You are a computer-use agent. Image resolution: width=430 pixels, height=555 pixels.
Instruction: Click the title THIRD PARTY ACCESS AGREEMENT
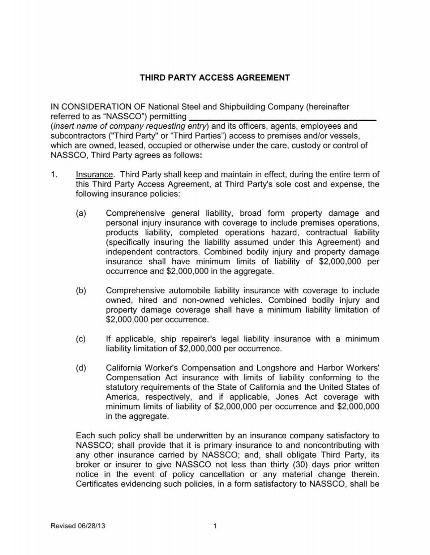pyautogui.click(x=215, y=78)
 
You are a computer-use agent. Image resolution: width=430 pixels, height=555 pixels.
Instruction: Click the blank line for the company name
pyautogui.click(x=283, y=117)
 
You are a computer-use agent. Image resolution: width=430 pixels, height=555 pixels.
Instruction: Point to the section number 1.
pyautogui.click(x=54, y=175)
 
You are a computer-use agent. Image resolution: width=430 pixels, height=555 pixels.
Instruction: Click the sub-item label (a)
pyautogui.click(x=81, y=214)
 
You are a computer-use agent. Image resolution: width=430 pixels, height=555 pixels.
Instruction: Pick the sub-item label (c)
pyautogui.click(x=81, y=339)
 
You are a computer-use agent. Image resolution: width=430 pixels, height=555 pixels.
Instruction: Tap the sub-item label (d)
pyautogui.click(x=81, y=368)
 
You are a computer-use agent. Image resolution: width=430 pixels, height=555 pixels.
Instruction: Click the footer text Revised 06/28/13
pyautogui.click(x=78, y=526)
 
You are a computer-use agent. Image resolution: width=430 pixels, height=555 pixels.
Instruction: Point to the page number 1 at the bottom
pyautogui.click(x=215, y=526)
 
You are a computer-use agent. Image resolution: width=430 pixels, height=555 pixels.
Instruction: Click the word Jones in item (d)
pyautogui.click(x=286, y=397)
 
